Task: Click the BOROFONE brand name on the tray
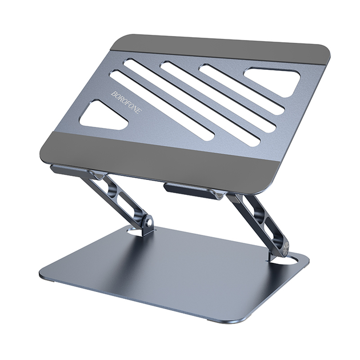click(126, 102)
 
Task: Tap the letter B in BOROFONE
click(114, 94)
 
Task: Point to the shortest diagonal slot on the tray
click(242, 89)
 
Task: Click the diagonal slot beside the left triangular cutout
click(162, 106)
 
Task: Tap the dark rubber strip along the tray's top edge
click(220, 49)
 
